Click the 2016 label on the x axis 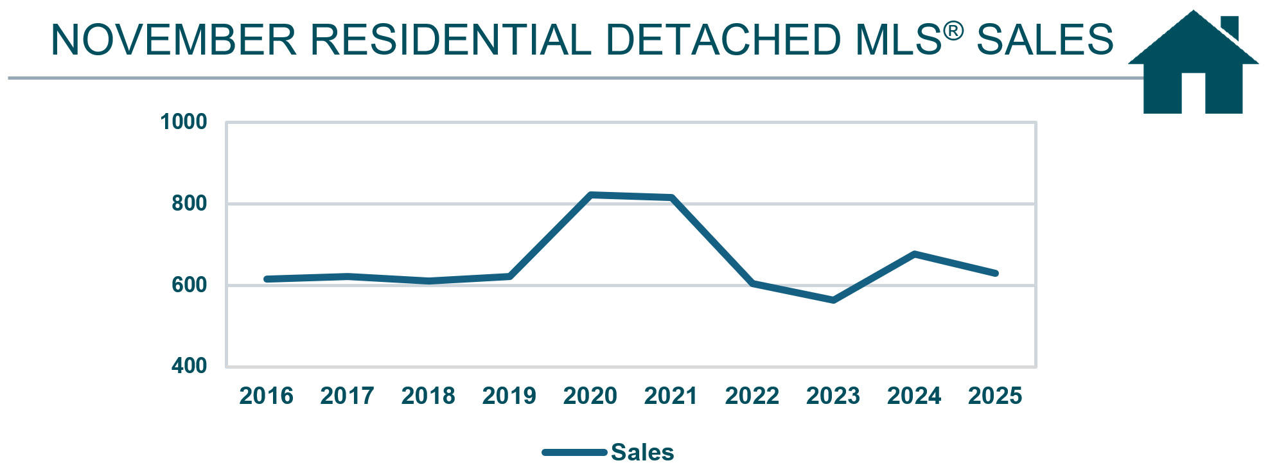tap(266, 396)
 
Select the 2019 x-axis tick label tap(509, 396)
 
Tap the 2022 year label tap(752, 396)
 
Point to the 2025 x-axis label tap(994, 396)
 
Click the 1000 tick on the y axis tap(183, 121)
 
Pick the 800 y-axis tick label tap(189, 203)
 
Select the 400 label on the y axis tap(189, 365)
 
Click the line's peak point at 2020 tap(590, 195)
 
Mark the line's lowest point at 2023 tap(833, 300)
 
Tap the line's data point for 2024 tap(914, 254)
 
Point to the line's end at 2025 tap(995, 274)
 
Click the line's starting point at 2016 tap(267, 279)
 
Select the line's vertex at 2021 tap(671, 197)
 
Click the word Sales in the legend tap(642, 452)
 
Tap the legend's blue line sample tap(574, 452)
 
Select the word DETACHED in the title tap(723, 40)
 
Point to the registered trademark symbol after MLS tap(953, 30)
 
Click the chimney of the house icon tap(1230, 26)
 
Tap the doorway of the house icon tap(1193, 93)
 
